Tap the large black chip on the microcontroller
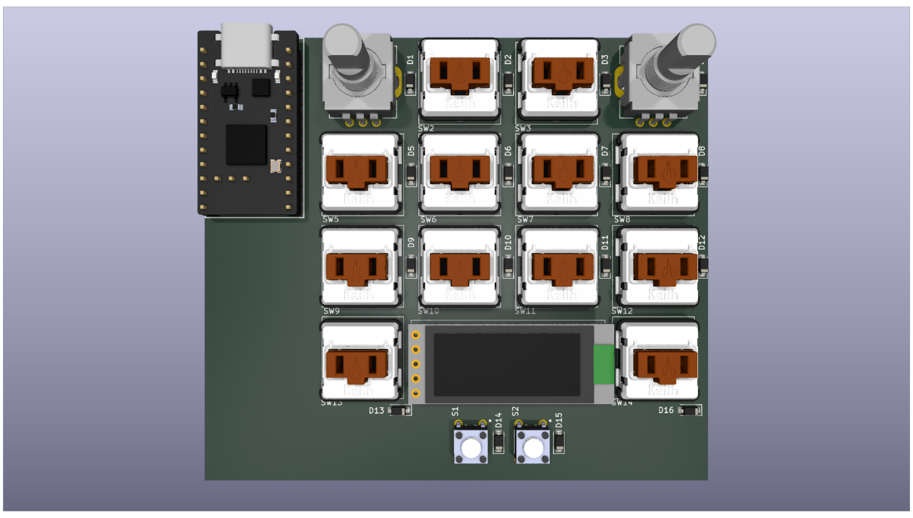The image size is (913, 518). point(246,144)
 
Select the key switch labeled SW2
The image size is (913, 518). point(460,79)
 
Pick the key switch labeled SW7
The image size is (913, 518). point(560,173)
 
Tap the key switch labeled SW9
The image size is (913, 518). point(360,268)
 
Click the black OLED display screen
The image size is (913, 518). point(507,364)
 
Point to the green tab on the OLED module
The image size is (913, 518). point(604,364)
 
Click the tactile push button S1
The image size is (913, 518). point(471,447)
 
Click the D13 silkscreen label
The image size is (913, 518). point(376,411)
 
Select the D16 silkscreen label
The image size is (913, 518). point(666,410)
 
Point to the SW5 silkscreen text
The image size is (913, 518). point(331,219)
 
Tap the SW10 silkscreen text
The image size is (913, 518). point(428,311)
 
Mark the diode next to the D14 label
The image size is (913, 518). point(499,442)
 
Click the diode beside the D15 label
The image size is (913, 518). point(559,442)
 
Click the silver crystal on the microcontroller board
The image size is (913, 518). point(275,166)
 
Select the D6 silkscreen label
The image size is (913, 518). point(508,151)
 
